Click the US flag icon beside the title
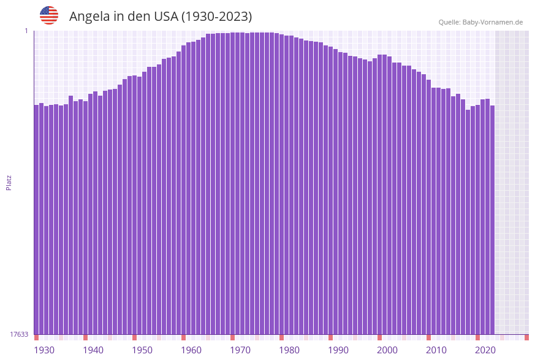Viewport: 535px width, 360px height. pyautogui.click(x=49, y=15)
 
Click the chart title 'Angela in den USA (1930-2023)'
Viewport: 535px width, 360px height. pyautogui.click(x=161, y=17)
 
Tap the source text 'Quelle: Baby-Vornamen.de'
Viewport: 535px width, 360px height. pyautogui.click(x=480, y=22)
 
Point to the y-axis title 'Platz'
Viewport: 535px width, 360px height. pyautogui.click(x=9, y=182)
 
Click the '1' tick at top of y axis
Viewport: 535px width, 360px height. pyautogui.click(x=26, y=31)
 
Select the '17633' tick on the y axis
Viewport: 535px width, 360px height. pyautogui.click(x=19, y=334)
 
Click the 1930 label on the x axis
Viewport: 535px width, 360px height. pyautogui.click(x=44, y=350)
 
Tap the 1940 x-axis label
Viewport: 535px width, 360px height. pyautogui.click(x=93, y=350)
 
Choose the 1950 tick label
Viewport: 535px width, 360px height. pyautogui.click(x=142, y=350)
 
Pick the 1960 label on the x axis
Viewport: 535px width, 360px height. pyautogui.click(x=191, y=350)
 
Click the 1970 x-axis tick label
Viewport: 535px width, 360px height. pyautogui.click(x=240, y=350)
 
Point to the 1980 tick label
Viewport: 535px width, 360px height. pyautogui.click(x=289, y=350)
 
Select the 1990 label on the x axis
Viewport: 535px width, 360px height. pyautogui.click(x=338, y=350)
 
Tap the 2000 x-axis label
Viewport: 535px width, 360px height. pyautogui.click(x=387, y=350)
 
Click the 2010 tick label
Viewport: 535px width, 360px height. pyautogui.click(x=436, y=350)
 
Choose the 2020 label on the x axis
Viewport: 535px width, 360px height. pyautogui.click(x=485, y=350)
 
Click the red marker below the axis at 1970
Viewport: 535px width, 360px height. pyautogui.click(x=232, y=337)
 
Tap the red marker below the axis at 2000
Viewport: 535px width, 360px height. pyautogui.click(x=379, y=337)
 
